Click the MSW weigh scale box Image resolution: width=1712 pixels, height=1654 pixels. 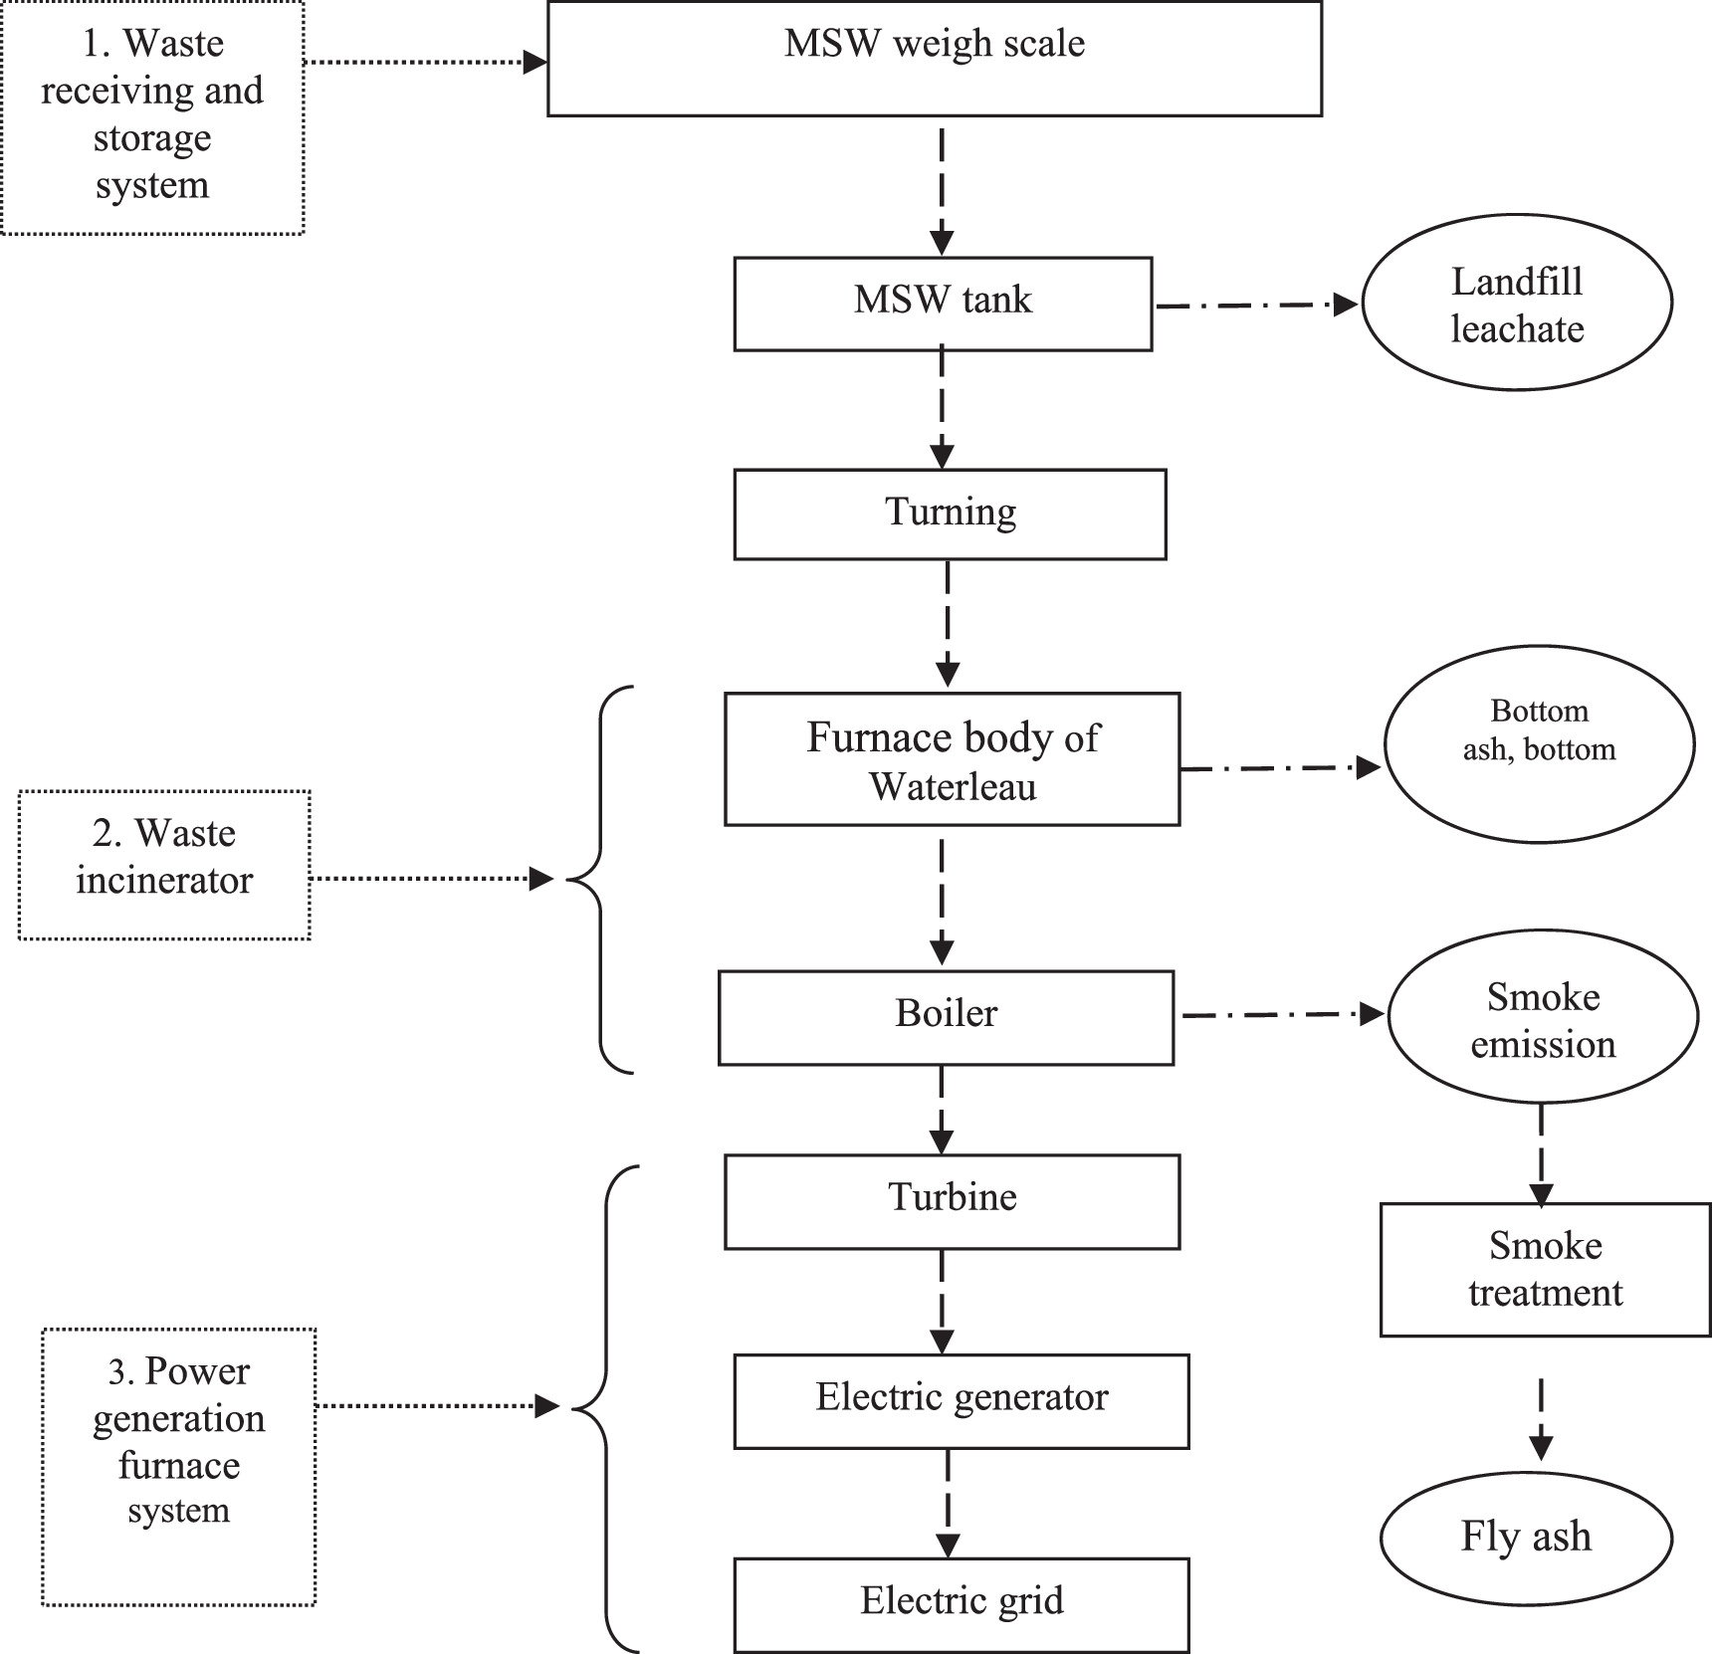934,60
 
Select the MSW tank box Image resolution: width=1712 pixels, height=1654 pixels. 943,303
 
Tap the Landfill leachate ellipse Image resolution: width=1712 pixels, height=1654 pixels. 1516,303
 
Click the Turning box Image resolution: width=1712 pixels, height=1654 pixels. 950,514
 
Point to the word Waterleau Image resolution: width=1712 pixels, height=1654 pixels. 953,787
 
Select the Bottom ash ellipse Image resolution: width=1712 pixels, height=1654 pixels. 1539,744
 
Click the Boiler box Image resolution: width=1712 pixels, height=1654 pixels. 946,1017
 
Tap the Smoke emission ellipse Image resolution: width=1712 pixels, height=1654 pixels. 1543,1017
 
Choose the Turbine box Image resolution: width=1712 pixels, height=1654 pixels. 952,1200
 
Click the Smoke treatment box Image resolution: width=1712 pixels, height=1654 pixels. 1545,1269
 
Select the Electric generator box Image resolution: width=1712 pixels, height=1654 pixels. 961,1399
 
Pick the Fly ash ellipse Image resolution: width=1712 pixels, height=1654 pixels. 1526,1537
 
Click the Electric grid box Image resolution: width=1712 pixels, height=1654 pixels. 961,1602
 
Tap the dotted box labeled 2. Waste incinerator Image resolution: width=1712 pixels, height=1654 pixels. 164,864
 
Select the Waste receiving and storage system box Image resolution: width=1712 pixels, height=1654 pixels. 152,117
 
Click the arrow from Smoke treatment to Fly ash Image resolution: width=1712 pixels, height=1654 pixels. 1541,1419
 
